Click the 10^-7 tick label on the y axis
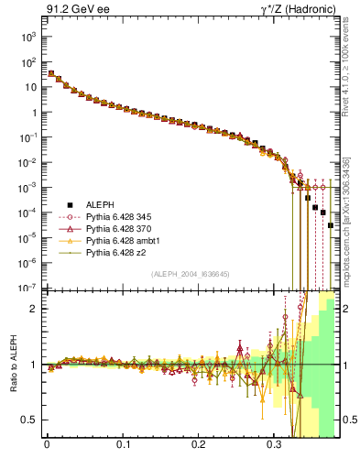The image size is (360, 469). (28, 288)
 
